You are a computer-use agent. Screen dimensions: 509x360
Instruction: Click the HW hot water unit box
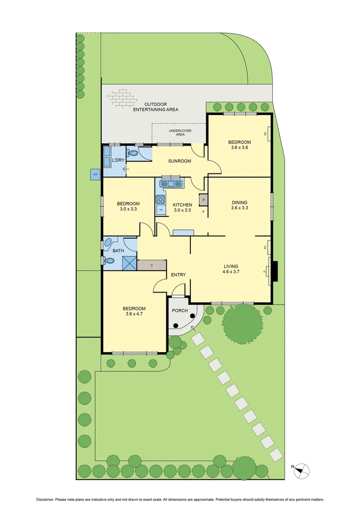click(x=95, y=175)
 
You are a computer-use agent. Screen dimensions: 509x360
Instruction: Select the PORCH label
click(x=180, y=311)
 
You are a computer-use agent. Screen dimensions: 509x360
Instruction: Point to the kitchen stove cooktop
click(x=161, y=199)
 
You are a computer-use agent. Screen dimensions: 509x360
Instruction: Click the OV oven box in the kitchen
click(x=161, y=210)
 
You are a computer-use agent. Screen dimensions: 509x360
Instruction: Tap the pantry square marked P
click(x=204, y=200)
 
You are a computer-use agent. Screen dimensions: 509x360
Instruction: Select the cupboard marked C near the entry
click(x=152, y=265)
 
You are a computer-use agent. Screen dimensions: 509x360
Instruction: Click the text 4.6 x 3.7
click(x=232, y=271)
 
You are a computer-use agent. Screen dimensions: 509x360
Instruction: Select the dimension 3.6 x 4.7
click(x=134, y=314)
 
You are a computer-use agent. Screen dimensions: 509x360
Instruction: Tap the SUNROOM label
click(x=180, y=161)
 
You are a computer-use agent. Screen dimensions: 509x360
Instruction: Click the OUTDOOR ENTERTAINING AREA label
click(x=155, y=107)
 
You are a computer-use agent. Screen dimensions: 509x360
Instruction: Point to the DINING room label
click(x=239, y=203)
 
